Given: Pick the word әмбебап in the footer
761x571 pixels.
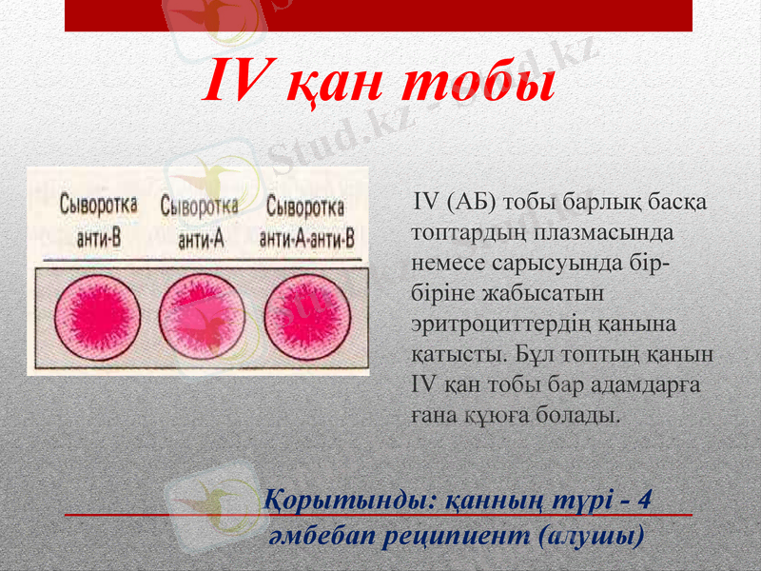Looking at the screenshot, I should tap(323, 535).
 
